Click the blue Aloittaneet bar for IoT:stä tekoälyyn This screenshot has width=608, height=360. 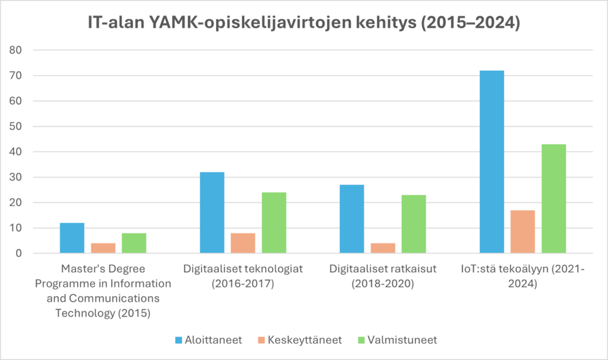(492, 162)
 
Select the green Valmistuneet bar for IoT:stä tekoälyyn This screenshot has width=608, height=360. (553, 198)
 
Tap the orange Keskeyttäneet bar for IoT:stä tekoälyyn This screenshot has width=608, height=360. (522, 232)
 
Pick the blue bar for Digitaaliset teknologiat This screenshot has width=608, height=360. (212, 213)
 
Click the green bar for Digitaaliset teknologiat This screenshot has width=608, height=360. (274, 223)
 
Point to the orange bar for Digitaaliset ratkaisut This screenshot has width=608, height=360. (383, 248)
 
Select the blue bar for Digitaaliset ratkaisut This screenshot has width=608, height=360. (351, 219)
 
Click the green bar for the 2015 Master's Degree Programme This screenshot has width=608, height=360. (134, 243)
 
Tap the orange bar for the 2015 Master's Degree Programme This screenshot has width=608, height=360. (103, 248)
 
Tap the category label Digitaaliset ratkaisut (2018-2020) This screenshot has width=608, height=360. (383, 276)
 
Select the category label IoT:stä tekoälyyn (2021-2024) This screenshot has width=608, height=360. (522, 276)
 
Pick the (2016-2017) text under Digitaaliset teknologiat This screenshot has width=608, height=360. (243, 284)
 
